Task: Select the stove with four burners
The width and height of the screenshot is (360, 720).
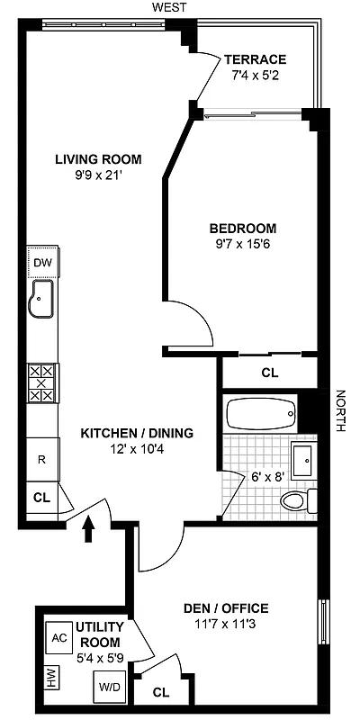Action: click(42, 382)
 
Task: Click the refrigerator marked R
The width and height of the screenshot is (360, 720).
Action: click(41, 458)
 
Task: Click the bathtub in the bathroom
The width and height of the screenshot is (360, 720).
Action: click(261, 416)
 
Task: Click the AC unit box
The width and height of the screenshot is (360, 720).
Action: click(58, 636)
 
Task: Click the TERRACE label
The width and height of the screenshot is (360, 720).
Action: click(256, 59)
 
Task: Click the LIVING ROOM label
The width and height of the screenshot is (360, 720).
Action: click(98, 160)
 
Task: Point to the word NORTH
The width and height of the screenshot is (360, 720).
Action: click(340, 410)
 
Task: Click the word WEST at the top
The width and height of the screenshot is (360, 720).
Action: click(169, 7)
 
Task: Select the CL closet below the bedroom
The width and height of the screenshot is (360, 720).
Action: click(268, 373)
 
